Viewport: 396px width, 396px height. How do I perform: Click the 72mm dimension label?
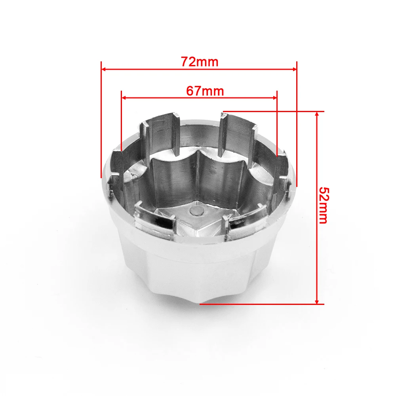[x=200, y=62]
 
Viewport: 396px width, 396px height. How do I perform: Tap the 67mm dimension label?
[x=205, y=91]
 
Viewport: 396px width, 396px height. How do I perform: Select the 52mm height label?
[x=324, y=206]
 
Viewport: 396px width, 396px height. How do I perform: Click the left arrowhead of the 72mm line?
[x=103, y=69]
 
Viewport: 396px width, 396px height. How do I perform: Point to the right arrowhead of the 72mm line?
[x=294, y=69]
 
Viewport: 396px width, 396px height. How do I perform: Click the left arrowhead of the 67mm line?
[x=124, y=98]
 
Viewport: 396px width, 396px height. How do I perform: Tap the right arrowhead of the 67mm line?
[x=274, y=98]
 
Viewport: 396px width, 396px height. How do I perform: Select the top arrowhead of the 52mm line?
[x=317, y=114]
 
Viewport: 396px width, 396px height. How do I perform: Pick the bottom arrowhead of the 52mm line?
[x=317, y=302]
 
